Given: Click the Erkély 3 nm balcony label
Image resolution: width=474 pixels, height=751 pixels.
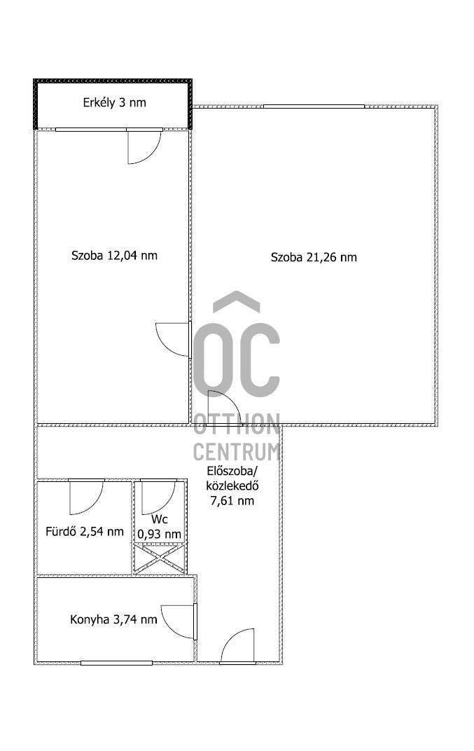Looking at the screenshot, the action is tap(114, 102).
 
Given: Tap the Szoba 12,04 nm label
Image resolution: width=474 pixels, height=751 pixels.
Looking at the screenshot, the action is tap(114, 255).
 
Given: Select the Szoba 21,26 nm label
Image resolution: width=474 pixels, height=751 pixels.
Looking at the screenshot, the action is tap(314, 257).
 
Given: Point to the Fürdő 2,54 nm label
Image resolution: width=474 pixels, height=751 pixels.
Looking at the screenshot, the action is tap(85, 531).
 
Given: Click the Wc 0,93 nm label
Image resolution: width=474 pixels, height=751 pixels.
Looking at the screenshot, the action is tap(160, 527).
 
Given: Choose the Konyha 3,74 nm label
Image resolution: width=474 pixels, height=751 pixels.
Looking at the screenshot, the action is tap(113, 619).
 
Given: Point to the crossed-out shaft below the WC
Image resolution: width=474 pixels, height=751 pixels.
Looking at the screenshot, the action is tap(160, 558).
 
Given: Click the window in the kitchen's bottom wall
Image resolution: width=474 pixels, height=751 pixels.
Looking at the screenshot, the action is tap(116, 663).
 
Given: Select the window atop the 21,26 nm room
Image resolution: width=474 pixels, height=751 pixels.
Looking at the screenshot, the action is tap(314, 106).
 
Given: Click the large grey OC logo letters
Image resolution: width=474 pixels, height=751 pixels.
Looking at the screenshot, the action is tap(237, 359).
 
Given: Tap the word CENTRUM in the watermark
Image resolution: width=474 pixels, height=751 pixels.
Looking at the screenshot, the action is tap(237, 452).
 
